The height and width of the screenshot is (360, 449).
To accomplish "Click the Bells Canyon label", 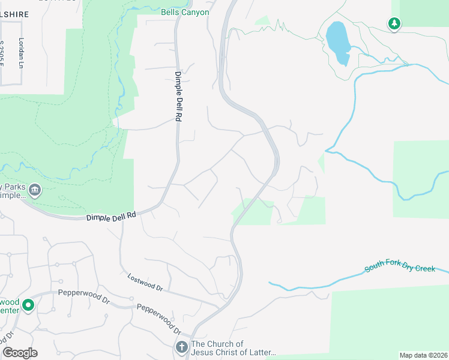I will [185, 12].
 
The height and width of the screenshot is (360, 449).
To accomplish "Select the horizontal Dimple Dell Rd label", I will [111, 217].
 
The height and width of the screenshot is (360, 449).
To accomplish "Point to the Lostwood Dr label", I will [145, 282].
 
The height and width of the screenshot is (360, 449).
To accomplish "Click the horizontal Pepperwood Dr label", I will [84, 295].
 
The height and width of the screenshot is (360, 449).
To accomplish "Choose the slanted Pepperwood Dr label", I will [159, 319].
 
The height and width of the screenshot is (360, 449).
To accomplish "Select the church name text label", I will [234, 348].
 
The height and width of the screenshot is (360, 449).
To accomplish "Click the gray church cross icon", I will [182, 347].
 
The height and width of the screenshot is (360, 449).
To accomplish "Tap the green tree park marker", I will [394, 23].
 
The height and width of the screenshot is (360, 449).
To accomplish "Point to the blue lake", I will [338, 42].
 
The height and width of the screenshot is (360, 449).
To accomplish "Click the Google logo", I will [20, 353].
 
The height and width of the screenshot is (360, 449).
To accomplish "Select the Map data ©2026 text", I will [423, 355].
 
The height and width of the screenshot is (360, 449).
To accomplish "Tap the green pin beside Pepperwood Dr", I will [28, 306].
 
